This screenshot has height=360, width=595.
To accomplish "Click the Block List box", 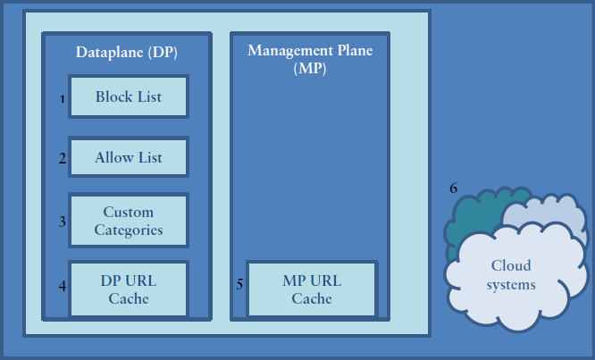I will pos(129,96).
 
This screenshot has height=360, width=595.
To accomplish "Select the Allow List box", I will pos(129,158).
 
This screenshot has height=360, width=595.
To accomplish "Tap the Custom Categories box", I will pos(129,221).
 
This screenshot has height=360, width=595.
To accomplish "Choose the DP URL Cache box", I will pos(129,289).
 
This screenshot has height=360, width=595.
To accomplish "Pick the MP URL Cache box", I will pos(311,289).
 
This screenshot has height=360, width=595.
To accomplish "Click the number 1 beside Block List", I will pos(63,99).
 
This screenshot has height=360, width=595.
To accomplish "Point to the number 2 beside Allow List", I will pos(63,159).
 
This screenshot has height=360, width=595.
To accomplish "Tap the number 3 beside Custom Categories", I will pos(63,221).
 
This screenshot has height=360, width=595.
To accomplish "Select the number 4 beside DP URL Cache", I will pos(63,287).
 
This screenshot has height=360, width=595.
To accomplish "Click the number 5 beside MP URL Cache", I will pos(239,285).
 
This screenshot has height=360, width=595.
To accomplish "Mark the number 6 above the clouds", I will pos(453,188).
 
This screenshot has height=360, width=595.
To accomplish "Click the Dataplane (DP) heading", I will pos(126,53).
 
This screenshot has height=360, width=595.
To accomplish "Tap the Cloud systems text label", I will pos(511,275).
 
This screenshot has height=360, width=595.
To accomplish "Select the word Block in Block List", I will pos(113,96).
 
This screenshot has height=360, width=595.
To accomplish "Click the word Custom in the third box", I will pos(129,213).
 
